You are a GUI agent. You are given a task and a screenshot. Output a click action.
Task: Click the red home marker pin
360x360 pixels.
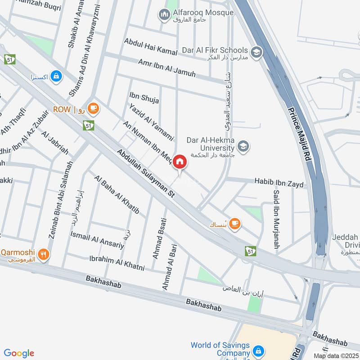180,162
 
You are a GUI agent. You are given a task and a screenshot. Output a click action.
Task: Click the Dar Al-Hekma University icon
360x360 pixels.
243,146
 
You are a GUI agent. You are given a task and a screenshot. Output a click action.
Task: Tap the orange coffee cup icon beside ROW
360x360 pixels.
93,108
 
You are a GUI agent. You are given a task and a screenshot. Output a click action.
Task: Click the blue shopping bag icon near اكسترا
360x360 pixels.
56,76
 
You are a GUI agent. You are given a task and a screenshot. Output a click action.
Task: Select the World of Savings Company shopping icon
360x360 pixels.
258,350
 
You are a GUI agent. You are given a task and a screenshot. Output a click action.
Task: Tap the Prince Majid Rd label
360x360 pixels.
300,135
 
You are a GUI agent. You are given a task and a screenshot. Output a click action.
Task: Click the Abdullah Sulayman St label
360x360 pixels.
146,175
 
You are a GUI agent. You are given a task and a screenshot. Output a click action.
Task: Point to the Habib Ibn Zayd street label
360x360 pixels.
279,183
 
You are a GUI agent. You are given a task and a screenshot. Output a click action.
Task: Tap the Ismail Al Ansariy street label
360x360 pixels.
97,239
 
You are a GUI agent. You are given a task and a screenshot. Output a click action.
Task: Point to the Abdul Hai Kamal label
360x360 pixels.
151,47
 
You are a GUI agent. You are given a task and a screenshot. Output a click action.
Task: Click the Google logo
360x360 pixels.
19,353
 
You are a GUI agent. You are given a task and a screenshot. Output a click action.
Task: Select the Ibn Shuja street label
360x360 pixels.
144,98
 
